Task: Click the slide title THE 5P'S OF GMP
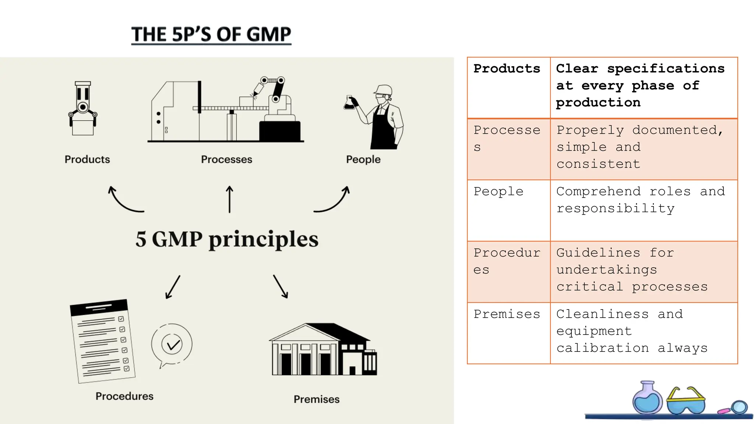click(x=211, y=35)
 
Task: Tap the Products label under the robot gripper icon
click(x=87, y=159)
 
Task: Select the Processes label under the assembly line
click(x=226, y=159)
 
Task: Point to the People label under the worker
click(x=363, y=159)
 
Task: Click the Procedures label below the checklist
click(x=124, y=396)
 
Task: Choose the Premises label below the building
click(x=316, y=399)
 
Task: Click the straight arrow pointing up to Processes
click(x=229, y=199)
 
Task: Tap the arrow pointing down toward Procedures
click(x=173, y=287)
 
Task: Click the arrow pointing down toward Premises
click(x=281, y=286)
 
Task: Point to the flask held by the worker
click(x=349, y=103)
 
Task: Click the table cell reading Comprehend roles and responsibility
click(x=641, y=200)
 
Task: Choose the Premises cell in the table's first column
click(x=507, y=314)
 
